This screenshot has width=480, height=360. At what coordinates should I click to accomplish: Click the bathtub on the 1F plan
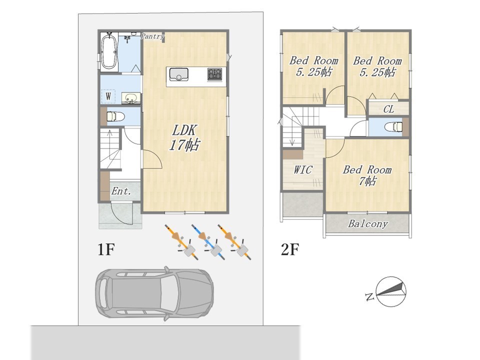coord(109,52)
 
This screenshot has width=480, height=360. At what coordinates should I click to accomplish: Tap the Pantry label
coord(152,36)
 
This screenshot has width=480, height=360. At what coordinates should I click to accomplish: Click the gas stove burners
coord(214,74)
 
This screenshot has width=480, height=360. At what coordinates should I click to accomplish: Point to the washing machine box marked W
coord(108,96)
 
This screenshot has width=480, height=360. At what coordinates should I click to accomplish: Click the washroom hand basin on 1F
coord(131,98)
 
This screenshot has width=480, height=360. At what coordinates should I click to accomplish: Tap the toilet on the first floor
coord(115,116)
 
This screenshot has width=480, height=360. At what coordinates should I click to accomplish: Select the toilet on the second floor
coord(393,126)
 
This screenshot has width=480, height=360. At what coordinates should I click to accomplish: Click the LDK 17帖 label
coord(184,137)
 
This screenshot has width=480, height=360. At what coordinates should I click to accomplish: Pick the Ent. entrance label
coord(121,191)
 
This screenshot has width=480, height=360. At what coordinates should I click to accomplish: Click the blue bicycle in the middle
coord(207,242)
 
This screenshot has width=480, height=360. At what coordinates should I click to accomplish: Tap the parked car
coord(154,293)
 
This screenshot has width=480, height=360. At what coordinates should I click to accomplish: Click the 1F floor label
coord(106,249)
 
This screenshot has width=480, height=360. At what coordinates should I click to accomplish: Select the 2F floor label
coord(289,249)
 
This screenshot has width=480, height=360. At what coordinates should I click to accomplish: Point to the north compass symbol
coord(391,291)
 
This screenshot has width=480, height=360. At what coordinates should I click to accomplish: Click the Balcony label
coord(367,224)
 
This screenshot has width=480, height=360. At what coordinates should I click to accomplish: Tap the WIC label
coord(303,169)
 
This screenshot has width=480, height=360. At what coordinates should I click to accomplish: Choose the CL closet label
coord(388,109)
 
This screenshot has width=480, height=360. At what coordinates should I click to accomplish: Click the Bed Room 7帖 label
coord(367,175)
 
